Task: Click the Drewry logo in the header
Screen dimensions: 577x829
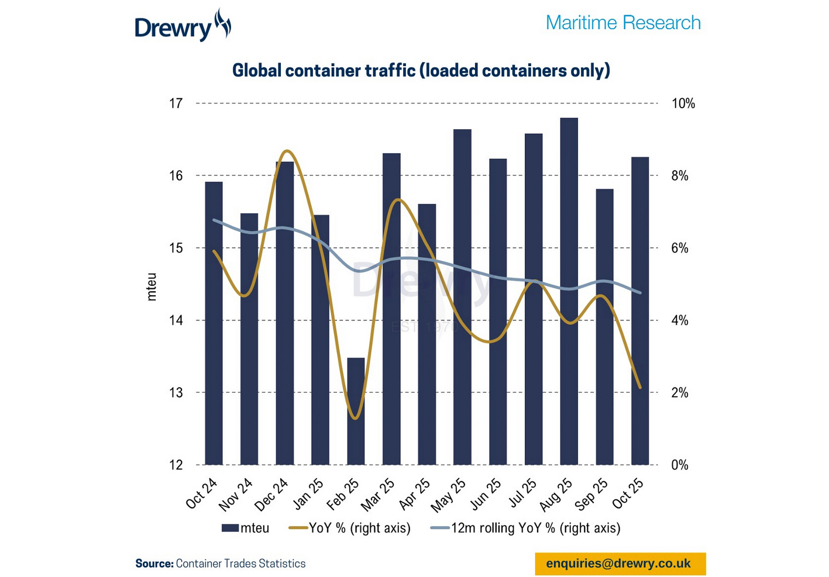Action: pyautogui.click(x=183, y=26)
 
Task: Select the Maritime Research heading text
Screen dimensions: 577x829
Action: pyautogui.click(x=622, y=23)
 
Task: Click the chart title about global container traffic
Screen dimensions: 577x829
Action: pyautogui.click(x=421, y=71)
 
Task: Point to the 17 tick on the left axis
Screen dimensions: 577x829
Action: pyautogui.click(x=176, y=103)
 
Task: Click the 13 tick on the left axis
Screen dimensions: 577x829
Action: pyautogui.click(x=176, y=393)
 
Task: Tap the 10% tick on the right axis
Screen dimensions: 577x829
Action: pyautogui.click(x=683, y=103)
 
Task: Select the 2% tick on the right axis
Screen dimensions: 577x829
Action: pyautogui.click(x=680, y=393)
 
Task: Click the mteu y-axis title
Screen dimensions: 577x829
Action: pyautogui.click(x=152, y=286)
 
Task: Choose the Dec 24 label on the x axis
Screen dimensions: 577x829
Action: pyautogui.click(x=272, y=493)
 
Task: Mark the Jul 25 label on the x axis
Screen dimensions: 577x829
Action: pyautogui.click(x=522, y=493)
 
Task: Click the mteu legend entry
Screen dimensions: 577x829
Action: pyautogui.click(x=246, y=528)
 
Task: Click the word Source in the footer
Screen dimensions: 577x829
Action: pyautogui.click(x=154, y=564)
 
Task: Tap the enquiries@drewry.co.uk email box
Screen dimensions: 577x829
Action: pyautogui.click(x=620, y=564)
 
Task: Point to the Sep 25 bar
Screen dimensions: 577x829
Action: pyautogui.click(x=604, y=327)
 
